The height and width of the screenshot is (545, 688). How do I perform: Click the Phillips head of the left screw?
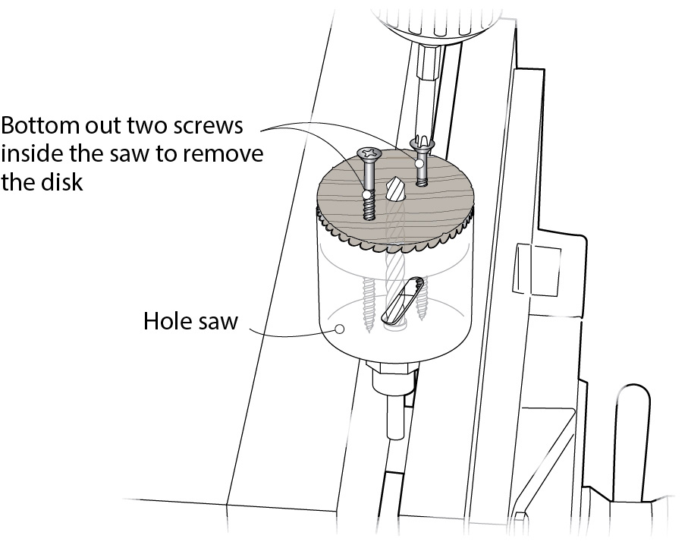pos(370,153)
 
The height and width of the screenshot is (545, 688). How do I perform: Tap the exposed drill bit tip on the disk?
pos(393,188)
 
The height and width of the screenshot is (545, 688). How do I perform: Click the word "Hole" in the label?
pos(167,321)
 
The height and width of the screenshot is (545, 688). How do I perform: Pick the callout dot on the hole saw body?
pos(339,329)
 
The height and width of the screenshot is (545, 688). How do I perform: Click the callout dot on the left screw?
pos(366,194)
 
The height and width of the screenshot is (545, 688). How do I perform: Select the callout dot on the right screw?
pos(420,163)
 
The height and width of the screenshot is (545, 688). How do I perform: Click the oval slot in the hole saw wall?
pos(402,301)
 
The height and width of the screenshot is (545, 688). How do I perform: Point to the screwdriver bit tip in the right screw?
pos(421,142)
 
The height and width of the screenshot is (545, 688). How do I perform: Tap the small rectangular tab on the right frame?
pos(536,269)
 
